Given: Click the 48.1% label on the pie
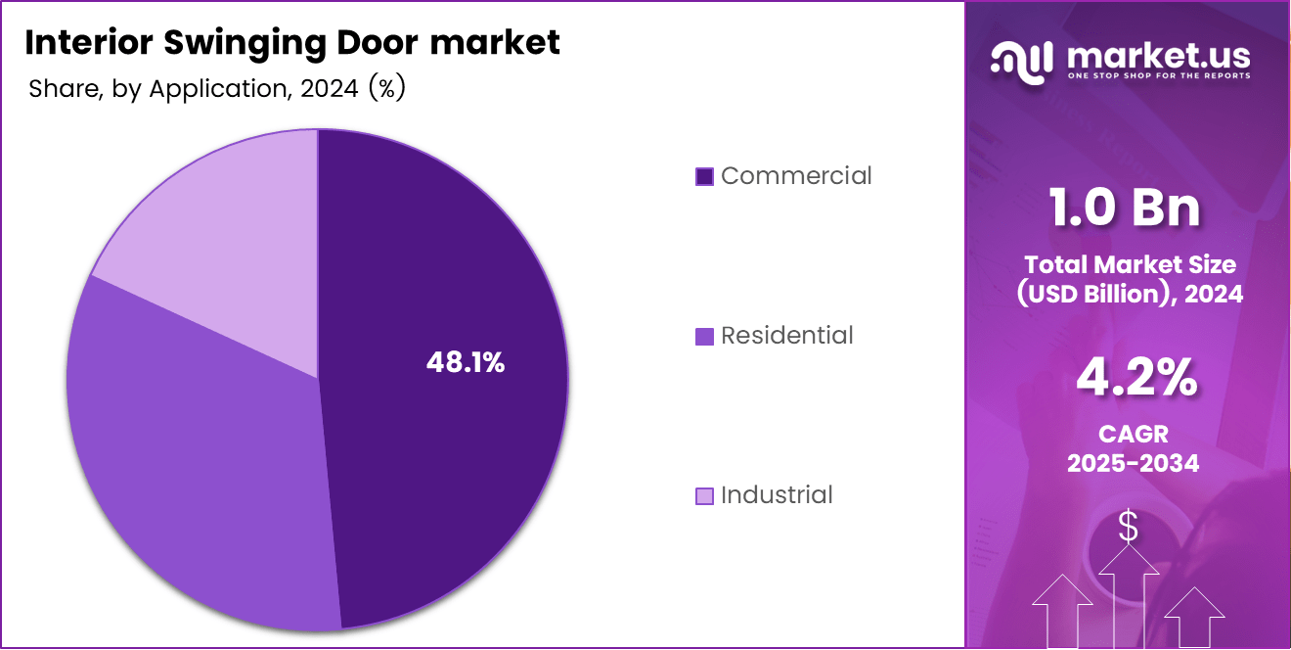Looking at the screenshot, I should coord(466,363).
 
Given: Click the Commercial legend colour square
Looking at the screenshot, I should coord(704,176).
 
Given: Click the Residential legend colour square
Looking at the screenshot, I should coord(704,336).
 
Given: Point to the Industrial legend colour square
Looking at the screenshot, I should coord(704,495).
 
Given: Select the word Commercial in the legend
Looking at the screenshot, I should coord(796,176).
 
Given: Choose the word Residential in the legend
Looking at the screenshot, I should coord(787,336).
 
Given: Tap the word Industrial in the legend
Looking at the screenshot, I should coord(777,495).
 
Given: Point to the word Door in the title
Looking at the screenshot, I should coord(369,42).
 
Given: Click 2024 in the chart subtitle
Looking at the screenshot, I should coord(330,89).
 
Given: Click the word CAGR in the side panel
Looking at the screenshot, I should coord(1133,434).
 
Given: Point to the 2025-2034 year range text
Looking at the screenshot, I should coord(1133,463).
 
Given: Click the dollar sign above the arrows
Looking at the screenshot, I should coord(1129,528).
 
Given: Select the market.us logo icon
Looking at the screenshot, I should coord(1021,60).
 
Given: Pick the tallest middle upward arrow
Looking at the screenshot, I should coord(1129,597).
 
